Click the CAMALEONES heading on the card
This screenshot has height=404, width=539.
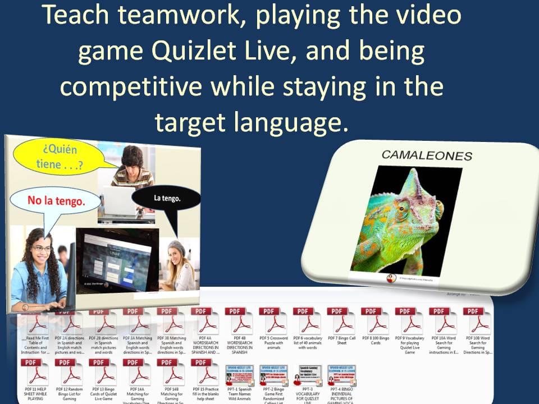tap(427, 155)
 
